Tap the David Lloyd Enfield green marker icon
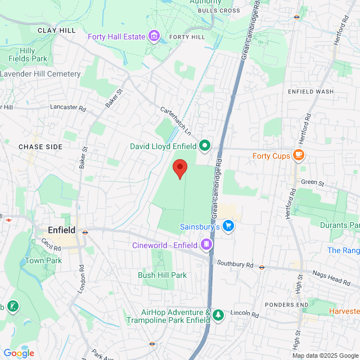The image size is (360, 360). pyautogui.click(x=205, y=146)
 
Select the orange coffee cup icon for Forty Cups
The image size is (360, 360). pyautogui.click(x=299, y=156)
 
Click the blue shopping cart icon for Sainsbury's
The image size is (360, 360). pyautogui.click(x=228, y=227)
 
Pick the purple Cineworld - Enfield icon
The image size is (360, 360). pyautogui.click(x=206, y=245)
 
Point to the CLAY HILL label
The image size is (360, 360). pyautogui.click(x=56, y=30)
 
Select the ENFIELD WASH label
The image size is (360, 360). pyautogui.click(x=310, y=91)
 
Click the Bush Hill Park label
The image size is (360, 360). pyautogui.click(x=162, y=275)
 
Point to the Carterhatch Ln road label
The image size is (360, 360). pyautogui.click(x=175, y=121)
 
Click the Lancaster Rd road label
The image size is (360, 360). pyautogui.click(x=67, y=106)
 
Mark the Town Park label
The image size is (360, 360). pyautogui.click(x=43, y=261)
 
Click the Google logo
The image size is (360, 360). pyautogui.click(x=19, y=353)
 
